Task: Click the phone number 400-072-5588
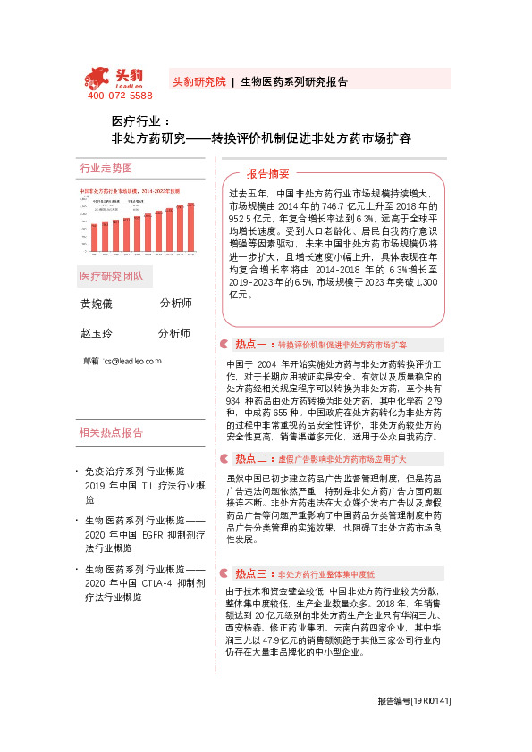coord(120,96)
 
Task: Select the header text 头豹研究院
coord(198,81)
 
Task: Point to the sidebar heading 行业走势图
coord(106,168)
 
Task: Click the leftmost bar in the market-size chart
coord(92,237)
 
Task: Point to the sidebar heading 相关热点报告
coord(112,433)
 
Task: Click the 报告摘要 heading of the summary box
coord(268,173)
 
